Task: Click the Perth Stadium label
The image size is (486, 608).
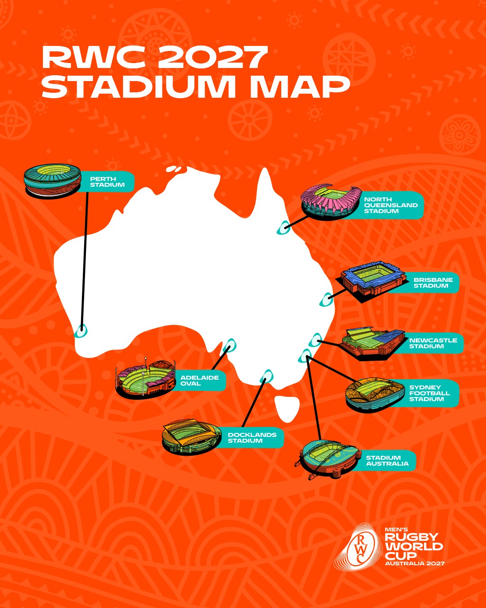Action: tap(107, 182)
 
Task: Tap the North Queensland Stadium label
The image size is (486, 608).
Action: tap(391, 205)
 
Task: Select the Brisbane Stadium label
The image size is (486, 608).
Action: tap(433, 283)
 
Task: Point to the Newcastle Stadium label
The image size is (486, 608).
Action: tap(433, 343)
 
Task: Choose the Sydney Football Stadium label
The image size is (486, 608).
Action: tap(429, 393)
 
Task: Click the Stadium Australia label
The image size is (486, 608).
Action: tap(387, 461)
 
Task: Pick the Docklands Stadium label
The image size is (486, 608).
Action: tap(252, 438)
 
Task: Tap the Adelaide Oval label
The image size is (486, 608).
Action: tap(199, 381)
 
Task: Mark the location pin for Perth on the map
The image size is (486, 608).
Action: tap(81, 331)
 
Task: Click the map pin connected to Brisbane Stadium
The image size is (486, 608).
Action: tap(326, 299)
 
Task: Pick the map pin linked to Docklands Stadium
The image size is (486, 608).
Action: tap(267, 376)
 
